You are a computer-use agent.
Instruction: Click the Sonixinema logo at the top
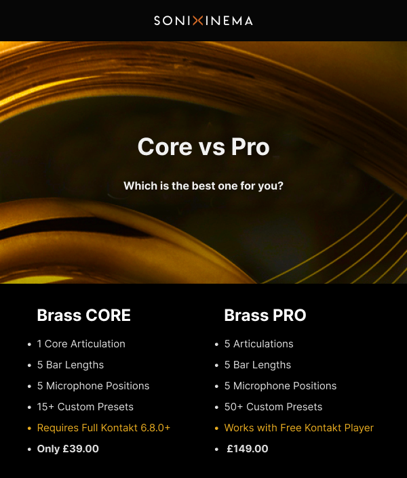point(203,21)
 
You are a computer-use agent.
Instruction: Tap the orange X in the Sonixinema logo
point(198,21)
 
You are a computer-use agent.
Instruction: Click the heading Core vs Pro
point(203,147)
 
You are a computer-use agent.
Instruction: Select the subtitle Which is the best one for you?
point(203,186)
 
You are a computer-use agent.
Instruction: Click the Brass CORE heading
point(83,316)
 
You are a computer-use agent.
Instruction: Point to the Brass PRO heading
point(265,316)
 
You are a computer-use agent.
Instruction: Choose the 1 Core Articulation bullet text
point(81,344)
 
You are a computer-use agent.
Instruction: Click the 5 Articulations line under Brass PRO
point(259,344)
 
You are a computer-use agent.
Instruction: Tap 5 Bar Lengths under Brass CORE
point(71,365)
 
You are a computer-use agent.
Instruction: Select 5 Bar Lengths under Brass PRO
point(258,365)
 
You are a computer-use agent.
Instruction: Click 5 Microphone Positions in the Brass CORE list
point(93,386)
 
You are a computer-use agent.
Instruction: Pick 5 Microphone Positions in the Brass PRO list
point(280,386)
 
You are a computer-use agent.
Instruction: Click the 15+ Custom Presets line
point(85,407)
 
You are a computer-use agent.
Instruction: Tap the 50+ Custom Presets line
point(273,407)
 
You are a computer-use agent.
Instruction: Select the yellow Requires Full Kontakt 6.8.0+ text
point(104,428)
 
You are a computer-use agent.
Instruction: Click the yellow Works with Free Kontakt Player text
point(299,428)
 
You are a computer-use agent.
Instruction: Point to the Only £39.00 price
point(68,449)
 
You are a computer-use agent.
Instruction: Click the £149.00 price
point(248,449)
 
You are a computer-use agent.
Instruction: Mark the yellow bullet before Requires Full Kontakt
point(29,429)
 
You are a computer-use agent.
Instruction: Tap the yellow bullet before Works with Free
point(216,429)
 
